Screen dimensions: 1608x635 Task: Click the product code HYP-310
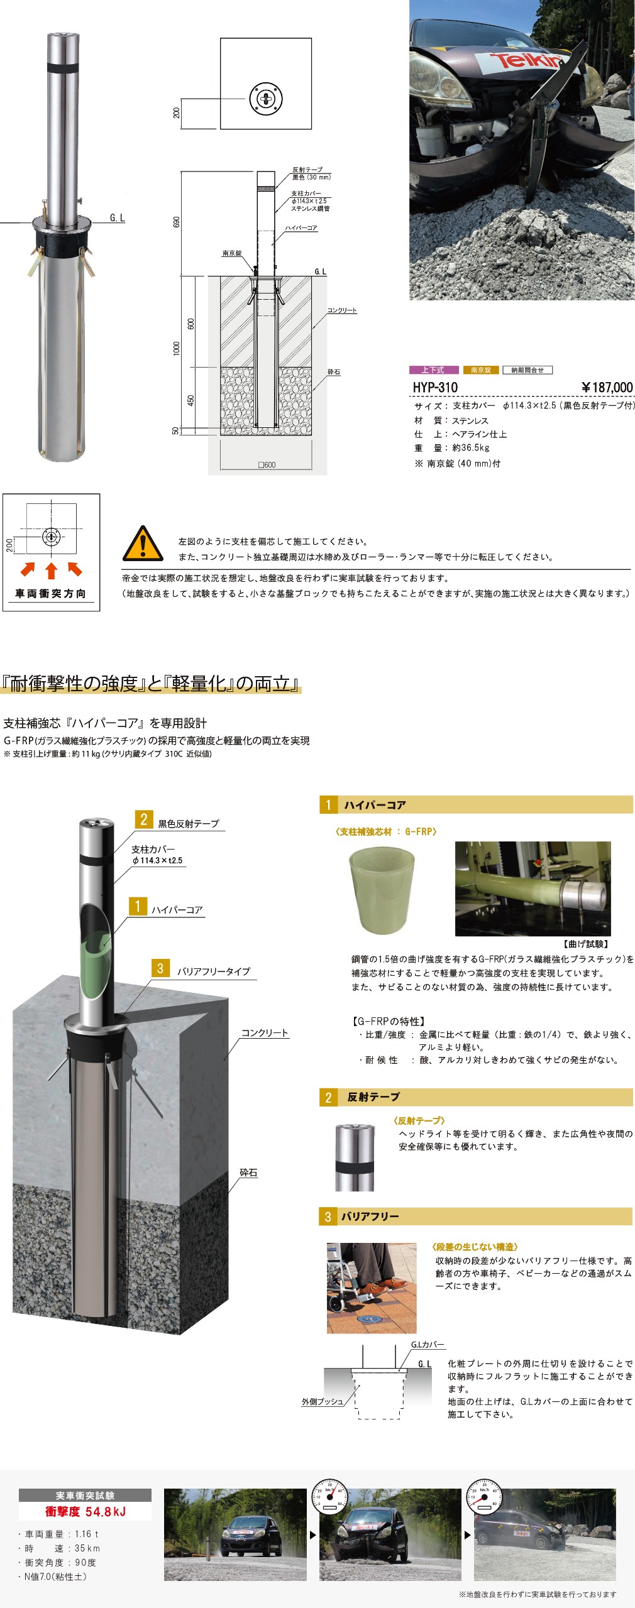click(435, 387)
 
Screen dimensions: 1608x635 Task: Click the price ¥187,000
click(607, 387)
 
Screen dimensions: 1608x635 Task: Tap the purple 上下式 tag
click(433, 370)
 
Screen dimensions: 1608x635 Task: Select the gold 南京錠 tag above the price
click(481, 370)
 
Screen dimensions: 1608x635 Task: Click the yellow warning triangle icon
click(143, 544)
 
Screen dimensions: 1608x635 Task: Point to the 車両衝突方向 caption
click(51, 593)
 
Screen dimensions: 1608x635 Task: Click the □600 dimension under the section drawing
click(267, 465)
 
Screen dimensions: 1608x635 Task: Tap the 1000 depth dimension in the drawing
click(177, 347)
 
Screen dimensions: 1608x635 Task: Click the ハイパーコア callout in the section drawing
click(301, 228)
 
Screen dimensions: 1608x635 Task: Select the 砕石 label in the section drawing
click(333, 372)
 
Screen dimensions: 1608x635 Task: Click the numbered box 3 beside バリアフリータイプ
click(160, 968)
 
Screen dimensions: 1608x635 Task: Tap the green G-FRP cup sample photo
click(382, 889)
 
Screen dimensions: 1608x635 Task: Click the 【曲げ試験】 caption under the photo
click(585, 944)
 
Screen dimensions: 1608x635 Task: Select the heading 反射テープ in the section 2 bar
click(373, 1097)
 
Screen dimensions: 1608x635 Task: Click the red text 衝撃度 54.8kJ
click(86, 1511)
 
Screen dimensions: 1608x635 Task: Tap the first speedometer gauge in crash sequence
click(329, 1496)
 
